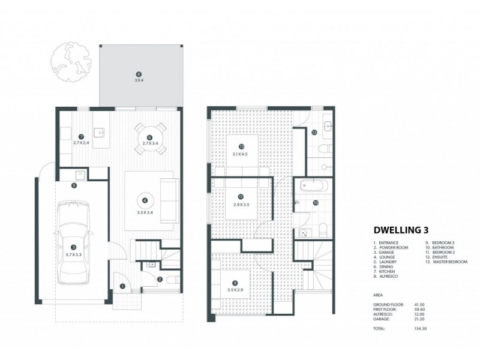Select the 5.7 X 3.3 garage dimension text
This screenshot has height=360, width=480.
point(73,254)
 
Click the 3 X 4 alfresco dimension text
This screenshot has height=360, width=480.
point(139,80)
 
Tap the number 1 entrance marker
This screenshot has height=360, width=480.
point(122,287)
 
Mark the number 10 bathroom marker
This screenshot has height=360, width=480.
point(316,203)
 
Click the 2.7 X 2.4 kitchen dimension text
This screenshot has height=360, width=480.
point(82,143)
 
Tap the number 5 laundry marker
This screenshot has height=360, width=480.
point(73,186)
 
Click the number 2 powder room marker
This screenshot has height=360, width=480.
point(160,279)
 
